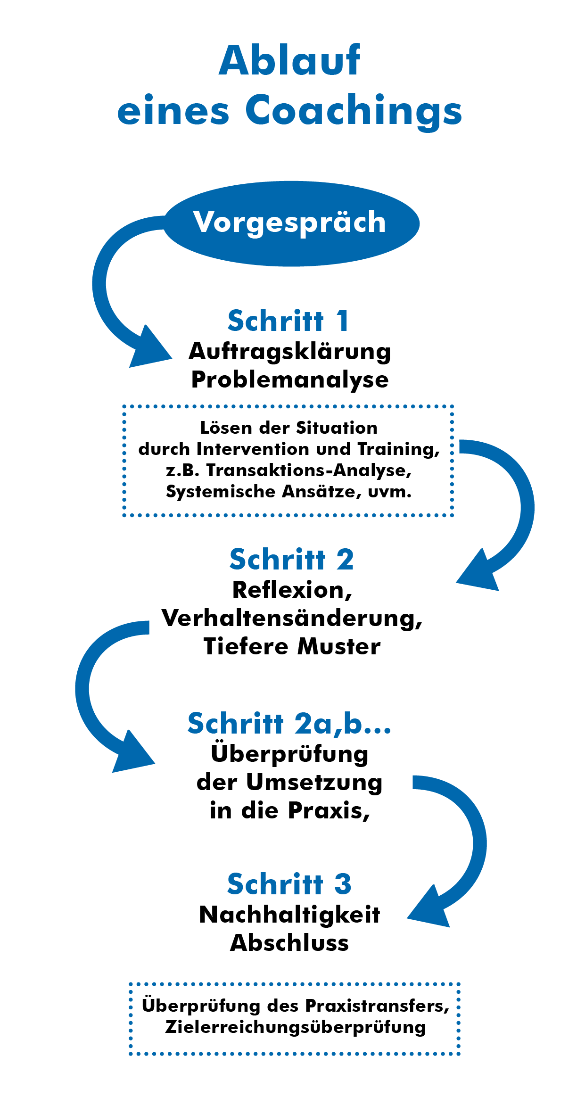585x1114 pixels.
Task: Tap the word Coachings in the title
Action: (354, 112)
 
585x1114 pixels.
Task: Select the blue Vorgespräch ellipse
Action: (292, 223)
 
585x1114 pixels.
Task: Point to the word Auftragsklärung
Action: (290, 352)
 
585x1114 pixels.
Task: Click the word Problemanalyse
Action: (290, 380)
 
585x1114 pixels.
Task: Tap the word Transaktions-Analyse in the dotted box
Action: (309, 470)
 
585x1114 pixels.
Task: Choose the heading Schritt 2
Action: (292, 560)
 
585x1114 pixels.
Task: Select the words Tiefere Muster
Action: (292, 646)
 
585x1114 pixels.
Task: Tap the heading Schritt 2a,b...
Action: (289, 724)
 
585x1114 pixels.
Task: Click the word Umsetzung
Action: (314, 783)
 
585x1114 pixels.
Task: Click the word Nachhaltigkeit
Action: (289, 915)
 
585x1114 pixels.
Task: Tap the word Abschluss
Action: (289, 943)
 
